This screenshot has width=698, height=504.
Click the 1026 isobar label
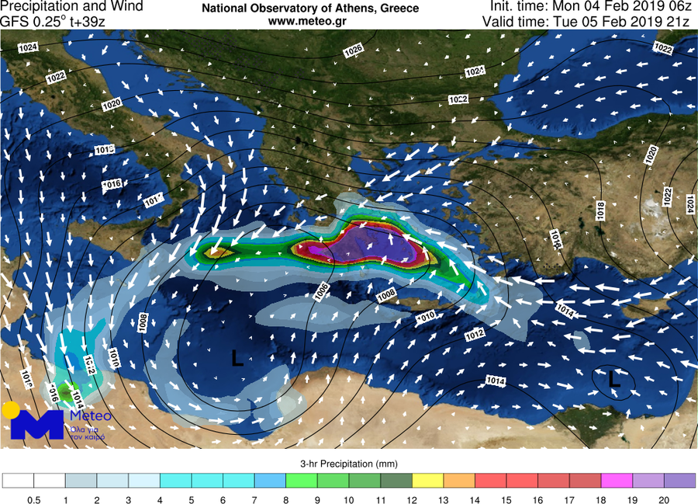[x=353, y=50]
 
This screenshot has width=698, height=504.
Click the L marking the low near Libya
[x=237, y=358]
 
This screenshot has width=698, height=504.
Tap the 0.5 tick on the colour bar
[x=34, y=499]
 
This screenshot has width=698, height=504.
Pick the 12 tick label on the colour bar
[x=411, y=499]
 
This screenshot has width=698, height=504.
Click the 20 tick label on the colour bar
[x=663, y=499]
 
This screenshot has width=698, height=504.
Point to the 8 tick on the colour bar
[x=285, y=499]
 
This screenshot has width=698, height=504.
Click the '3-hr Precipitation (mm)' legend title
[x=348, y=464]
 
